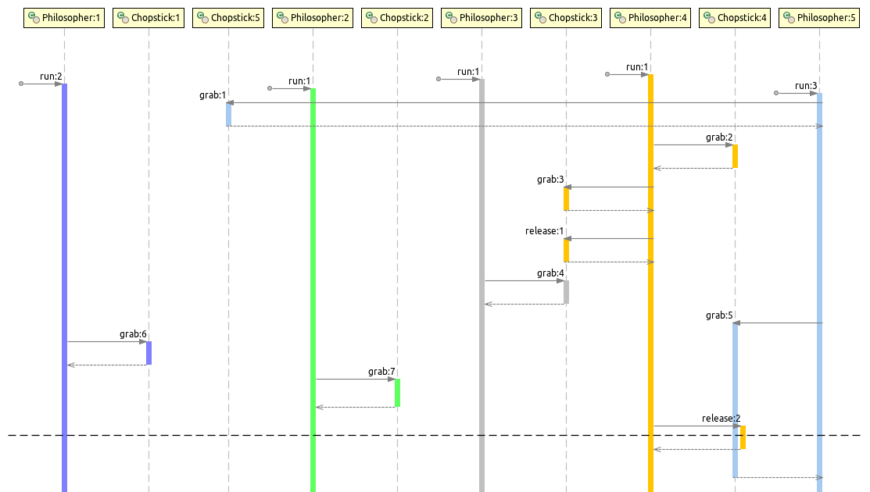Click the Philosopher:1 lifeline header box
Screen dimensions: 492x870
click(x=64, y=17)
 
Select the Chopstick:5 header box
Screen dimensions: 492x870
click(x=228, y=17)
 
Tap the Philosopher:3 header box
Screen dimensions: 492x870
click(x=482, y=17)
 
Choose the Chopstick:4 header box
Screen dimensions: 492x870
click(x=735, y=17)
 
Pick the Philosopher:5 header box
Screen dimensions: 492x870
click(x=819, y=17)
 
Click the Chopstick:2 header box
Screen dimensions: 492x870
click(x=397, y=17)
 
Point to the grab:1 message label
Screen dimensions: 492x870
click(x=213, y=95)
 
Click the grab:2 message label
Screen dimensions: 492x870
click(x=719, y=137)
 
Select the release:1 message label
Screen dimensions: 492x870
click(x=544, y=231)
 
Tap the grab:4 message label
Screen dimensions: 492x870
click(x=550, y=273)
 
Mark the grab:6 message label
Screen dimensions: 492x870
click(x=133, y=334)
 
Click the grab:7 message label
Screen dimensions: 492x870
click(x=381, y=372)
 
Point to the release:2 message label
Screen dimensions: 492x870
click(x=721, y=419)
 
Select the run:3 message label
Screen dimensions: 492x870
click(x=806, y=86)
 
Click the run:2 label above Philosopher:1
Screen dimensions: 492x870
click(x=51, y=77)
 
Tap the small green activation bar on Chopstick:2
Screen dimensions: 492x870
click(x=397, y=393)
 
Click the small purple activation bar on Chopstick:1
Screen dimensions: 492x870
click(x=149, y=353)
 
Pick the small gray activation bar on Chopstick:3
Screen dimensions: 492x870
click(x=566, y=292)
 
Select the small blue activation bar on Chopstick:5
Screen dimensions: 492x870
click(x=228, y=114)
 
